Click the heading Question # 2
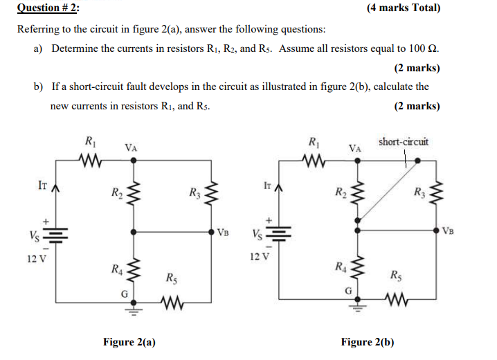(x=48, y=8)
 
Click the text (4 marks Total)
(x=402, y=8)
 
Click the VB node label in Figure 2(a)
(x=223, y=231)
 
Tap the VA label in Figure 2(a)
(x=130, y=147)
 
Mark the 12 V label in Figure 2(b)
(x=259, y=255)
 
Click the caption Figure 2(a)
(x=129, y=342)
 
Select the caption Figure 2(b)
(x=368, y=342)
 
